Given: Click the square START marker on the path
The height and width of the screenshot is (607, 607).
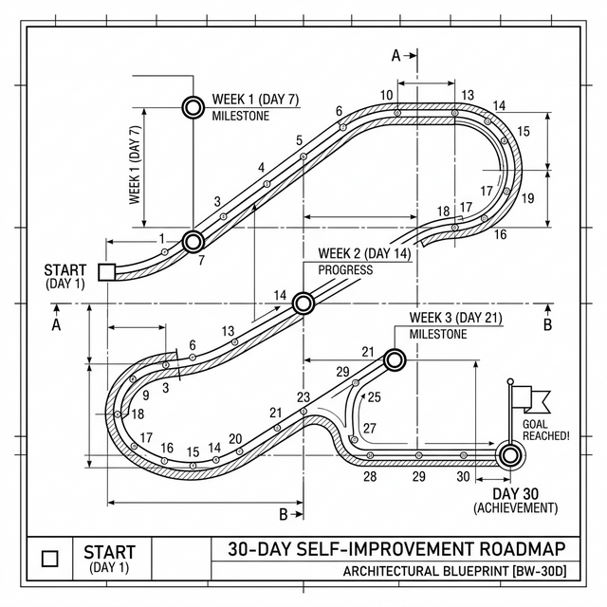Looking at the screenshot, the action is pos(106,272).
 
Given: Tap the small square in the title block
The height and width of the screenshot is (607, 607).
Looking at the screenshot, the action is pos(49,559).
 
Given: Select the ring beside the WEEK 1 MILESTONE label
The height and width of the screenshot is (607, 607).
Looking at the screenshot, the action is pos(193,107).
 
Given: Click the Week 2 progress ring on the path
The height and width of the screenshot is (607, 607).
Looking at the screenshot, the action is pos(303,303).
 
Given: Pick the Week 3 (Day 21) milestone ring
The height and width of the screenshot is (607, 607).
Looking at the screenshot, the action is pos(395,360).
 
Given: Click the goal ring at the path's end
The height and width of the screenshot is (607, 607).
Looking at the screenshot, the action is pos(510,456).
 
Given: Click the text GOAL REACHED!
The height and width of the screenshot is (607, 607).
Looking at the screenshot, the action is pos(546,430).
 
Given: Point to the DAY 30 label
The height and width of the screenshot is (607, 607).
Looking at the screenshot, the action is pos(515,493).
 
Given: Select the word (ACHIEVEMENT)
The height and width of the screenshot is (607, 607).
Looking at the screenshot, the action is pos(516,507).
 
